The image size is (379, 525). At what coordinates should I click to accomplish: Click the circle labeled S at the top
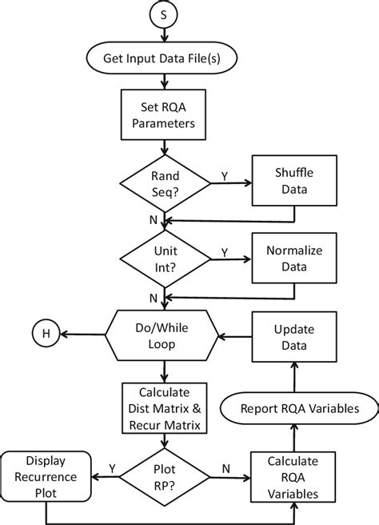(x=164, y=16)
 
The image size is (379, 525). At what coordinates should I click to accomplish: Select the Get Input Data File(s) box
(x=164, y=58)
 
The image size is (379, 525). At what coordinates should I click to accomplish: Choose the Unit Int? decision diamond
(x=164, y=258)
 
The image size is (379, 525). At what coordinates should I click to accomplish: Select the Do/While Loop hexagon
(x=164, y=334)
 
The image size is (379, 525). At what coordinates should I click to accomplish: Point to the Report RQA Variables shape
(x=298, y=409)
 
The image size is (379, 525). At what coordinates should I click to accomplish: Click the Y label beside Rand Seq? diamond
(x=225, y=174)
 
